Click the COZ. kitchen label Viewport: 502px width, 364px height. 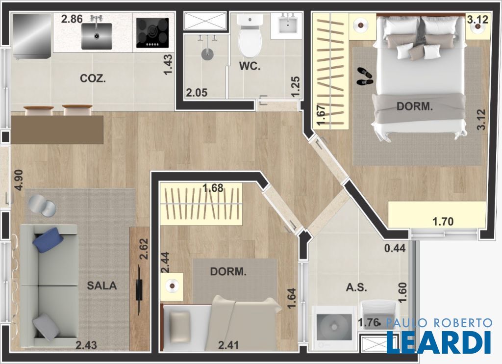coord(93,78)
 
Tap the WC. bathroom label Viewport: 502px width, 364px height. coord(250,66)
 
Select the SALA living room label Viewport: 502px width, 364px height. coord(102,286)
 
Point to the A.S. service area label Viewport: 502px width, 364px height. coord(356,287)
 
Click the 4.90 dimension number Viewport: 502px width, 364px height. coord(19,180)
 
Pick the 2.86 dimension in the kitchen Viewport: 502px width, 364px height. coord(72,19)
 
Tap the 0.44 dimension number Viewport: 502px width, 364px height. coord(395,248)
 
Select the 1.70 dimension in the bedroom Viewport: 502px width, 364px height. coord(443,221)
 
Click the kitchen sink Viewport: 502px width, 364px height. coord(97,36)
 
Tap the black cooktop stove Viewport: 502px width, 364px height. coord(152,33)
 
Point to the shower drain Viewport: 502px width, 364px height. coord(207,54)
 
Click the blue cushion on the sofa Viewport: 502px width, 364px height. coord(49,240)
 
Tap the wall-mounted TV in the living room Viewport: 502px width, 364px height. coord(139,289)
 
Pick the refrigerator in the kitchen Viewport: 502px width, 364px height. coord(32,36)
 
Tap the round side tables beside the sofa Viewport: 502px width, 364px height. coord(42,207)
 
